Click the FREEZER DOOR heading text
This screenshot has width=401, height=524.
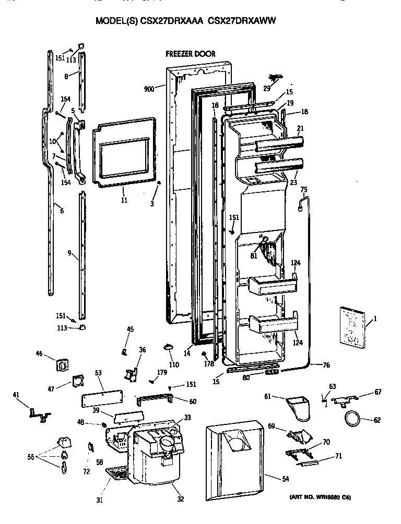click(x=190, y=54)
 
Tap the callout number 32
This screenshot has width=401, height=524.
click(x=180, y=499)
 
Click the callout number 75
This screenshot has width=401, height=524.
click(x=304, y=189)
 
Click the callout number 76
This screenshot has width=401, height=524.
click(x=326, y=365)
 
